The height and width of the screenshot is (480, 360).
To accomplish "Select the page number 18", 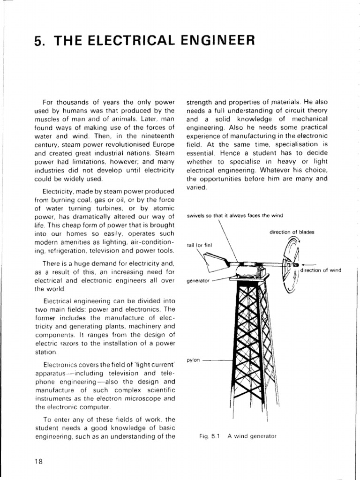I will click(38, 461).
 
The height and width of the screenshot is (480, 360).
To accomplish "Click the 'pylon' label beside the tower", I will click(193, 360).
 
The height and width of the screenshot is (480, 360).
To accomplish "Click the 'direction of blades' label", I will click(292, 232).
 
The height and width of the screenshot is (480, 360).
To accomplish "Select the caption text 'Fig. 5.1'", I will click(210, 436).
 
